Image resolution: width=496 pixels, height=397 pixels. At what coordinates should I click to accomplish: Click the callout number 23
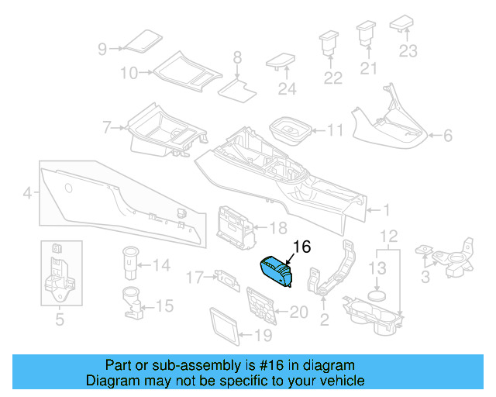(408, 52)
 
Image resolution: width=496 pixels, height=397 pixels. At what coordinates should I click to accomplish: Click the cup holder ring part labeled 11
(288, 129)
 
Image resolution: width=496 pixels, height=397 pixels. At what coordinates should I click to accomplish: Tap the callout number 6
(447, 136)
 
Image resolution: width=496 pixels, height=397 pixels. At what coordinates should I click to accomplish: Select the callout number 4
(27, 192)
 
